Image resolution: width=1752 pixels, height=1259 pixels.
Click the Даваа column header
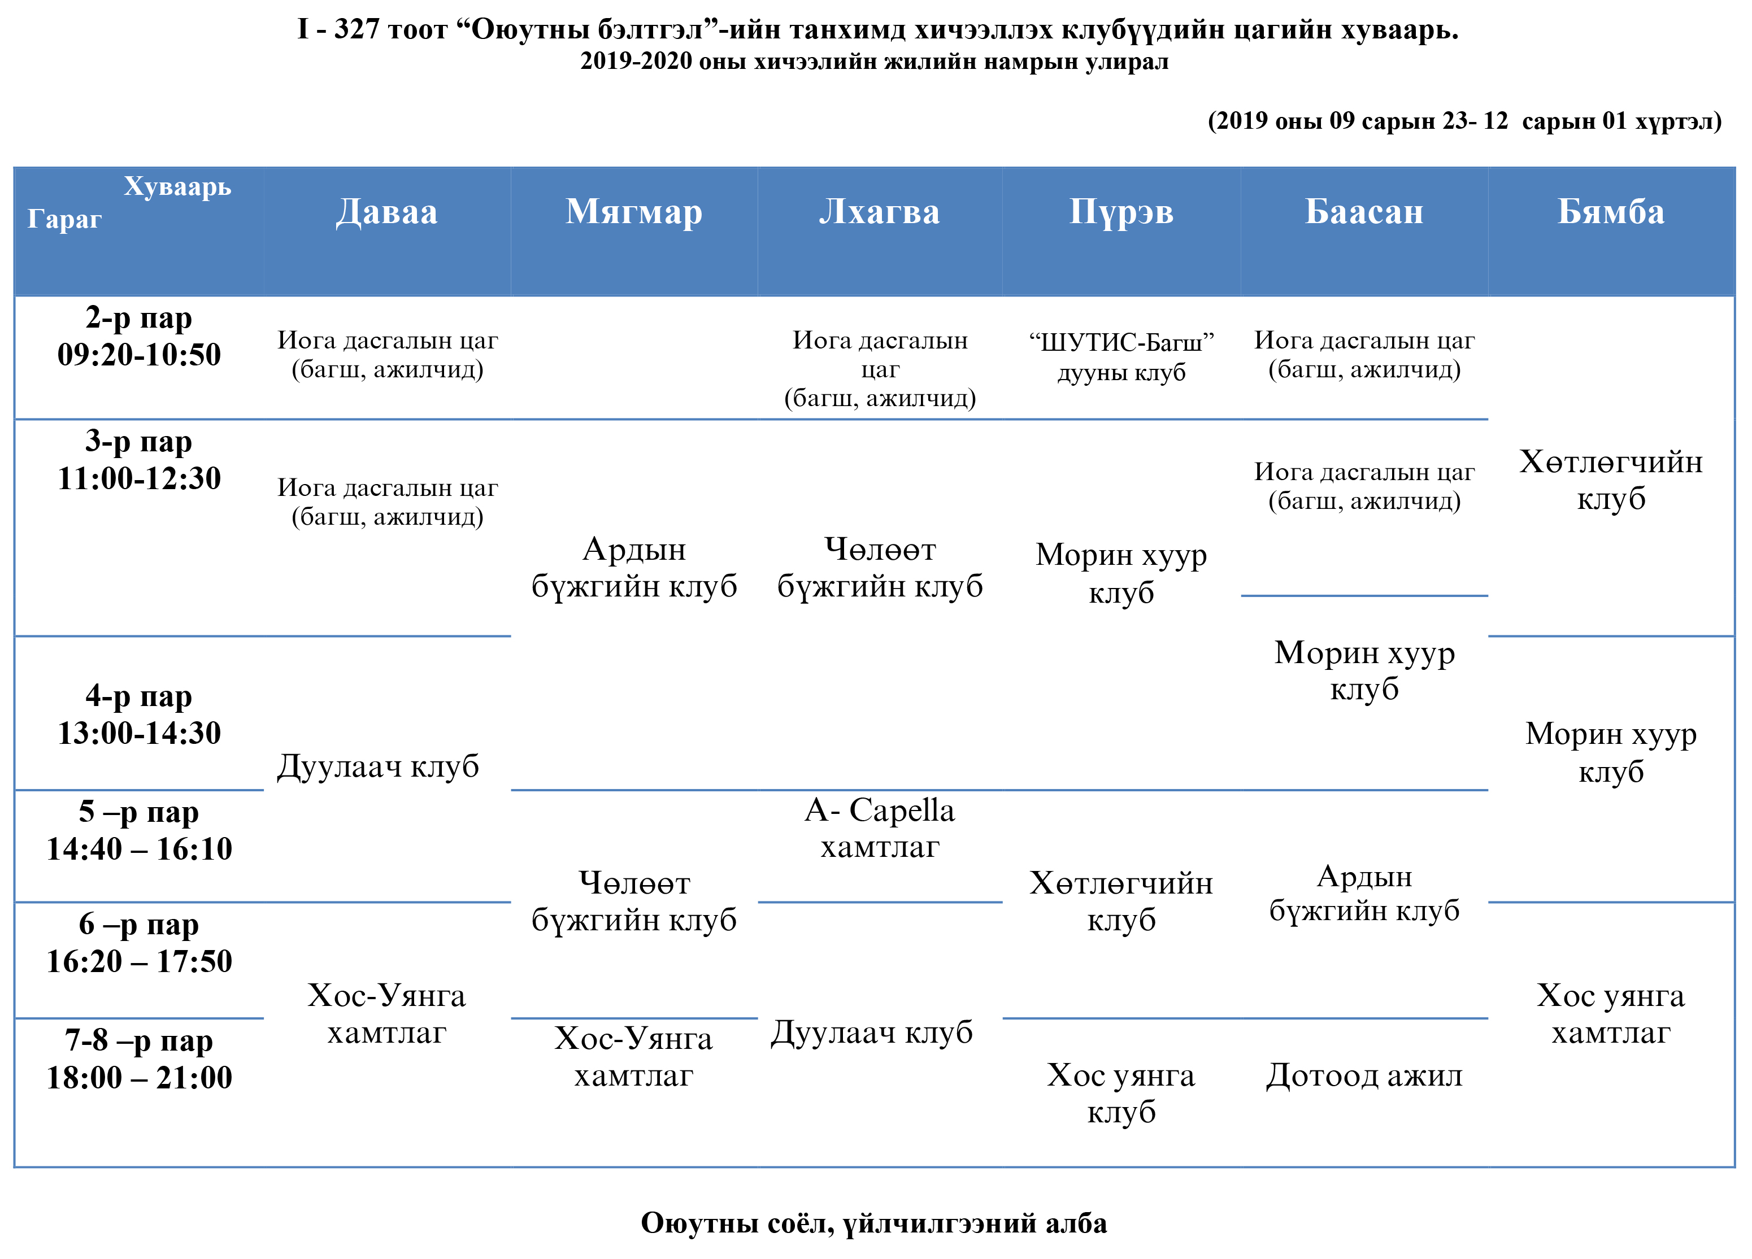coord(386,212)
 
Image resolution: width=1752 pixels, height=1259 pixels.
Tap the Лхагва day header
coord(879,212)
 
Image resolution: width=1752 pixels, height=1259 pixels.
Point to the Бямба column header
coord(1611,212)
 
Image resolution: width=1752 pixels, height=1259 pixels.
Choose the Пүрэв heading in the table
coord(1121,212)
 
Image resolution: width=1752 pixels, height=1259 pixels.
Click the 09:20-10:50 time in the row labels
coord(139,355)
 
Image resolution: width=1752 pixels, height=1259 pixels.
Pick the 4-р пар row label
coord(139,696)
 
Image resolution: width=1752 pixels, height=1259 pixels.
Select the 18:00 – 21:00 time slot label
coord(139,1078)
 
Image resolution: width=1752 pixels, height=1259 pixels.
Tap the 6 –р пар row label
coord(139,925)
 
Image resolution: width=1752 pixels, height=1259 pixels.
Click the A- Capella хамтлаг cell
coord(880,828)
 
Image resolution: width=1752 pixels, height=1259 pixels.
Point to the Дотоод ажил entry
coord(1364,1075)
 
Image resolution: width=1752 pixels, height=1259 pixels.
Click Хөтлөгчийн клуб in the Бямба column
coord(1611,480)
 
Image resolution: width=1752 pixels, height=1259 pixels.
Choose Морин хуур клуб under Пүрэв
coord(1121,573)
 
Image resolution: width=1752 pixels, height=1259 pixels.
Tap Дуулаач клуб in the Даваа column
coord(378,766)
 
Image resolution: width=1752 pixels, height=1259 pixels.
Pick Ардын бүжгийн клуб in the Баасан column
coord(1364,893)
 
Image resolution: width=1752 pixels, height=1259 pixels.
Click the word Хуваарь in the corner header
coord(177,187)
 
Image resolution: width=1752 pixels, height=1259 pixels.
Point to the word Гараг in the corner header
coord(65,219)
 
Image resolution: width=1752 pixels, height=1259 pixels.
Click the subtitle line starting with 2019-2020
coord(875,61)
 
